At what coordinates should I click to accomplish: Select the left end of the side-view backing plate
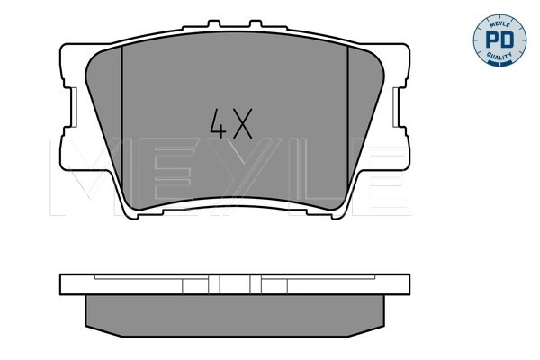(65, 284)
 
